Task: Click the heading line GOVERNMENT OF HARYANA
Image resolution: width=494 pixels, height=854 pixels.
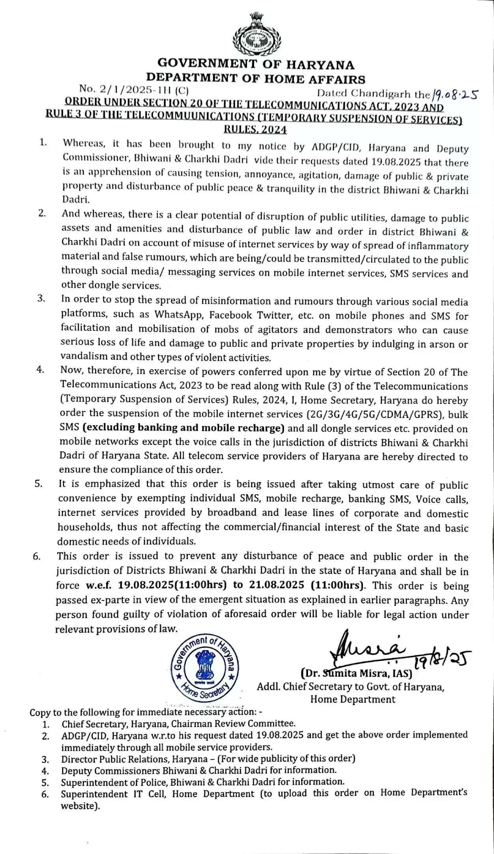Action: click(x=256, y=64)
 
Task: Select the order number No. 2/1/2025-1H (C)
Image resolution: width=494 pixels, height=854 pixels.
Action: click(x=133, y=90)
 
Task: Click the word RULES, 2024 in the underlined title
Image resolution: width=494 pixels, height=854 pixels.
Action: click(x=255, y=129)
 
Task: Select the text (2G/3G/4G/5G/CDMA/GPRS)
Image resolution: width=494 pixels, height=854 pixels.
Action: click(x=375, y=414)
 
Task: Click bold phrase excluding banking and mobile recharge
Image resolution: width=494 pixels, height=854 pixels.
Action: click(x=183, y=428)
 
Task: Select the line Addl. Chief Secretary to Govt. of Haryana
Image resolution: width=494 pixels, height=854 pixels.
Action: click(x=350, y=687)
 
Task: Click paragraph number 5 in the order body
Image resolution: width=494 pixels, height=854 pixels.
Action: click(x=38, y=484)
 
